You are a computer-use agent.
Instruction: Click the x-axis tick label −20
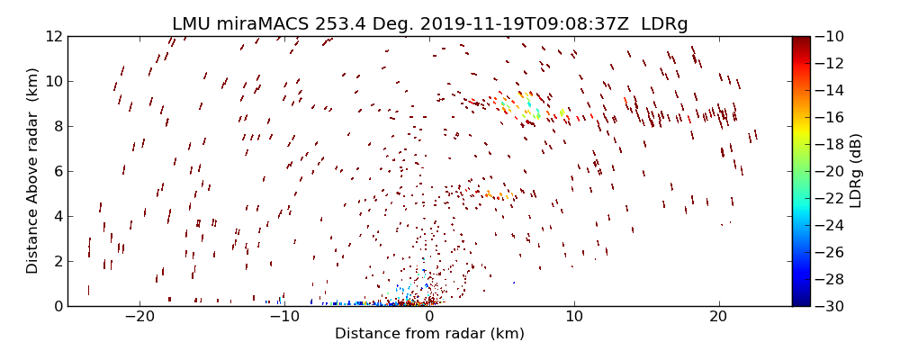click(x=139, y=317)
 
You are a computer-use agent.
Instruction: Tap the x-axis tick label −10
click(x=284, y=317)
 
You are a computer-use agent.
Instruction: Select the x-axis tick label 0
click(x=429, y=317)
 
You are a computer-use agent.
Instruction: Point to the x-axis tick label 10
click(x=574, y=317)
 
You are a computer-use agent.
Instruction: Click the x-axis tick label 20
click(x=718, y=317)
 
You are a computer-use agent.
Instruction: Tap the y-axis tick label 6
click(x=57, y=171)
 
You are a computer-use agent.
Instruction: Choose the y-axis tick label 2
click(x=57, y=261)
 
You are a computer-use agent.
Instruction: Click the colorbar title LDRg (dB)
click(x=856, y=171)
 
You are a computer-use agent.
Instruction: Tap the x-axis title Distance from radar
click(x=429, y=334)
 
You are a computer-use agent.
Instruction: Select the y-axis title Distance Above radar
click(x=32, y=171)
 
